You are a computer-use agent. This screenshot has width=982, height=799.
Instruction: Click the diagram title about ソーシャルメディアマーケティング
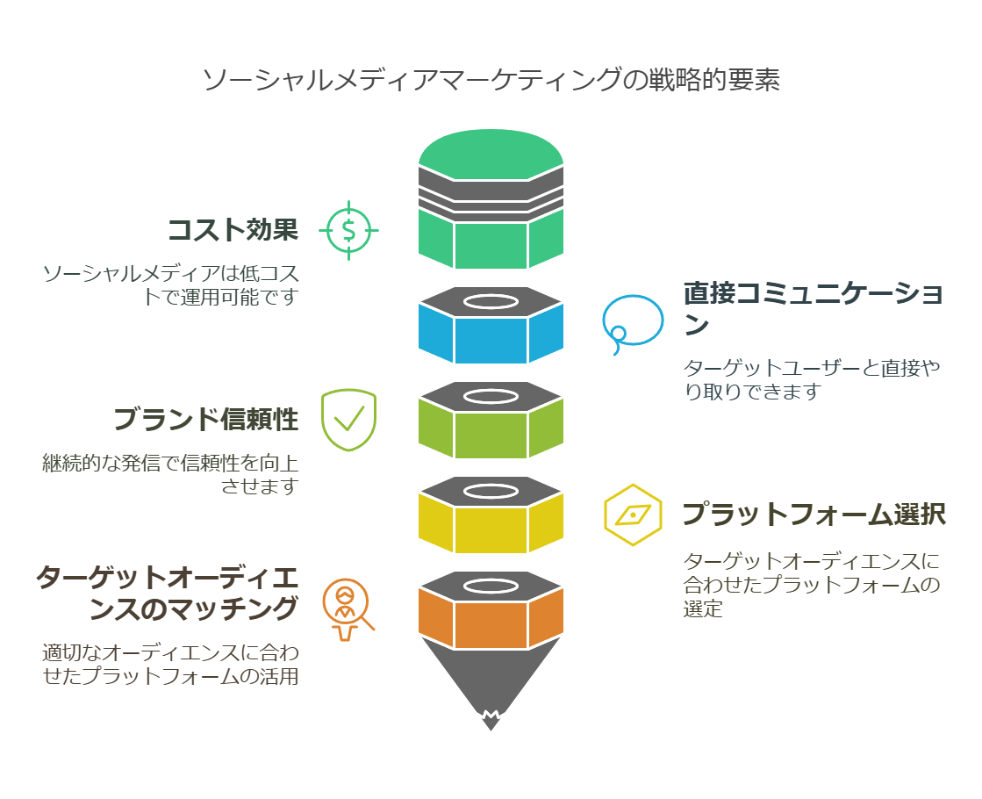491,81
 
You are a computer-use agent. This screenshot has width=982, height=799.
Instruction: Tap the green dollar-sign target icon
348,230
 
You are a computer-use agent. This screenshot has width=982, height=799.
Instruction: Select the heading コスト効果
233,230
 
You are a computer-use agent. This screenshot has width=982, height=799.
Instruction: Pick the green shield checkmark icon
348,420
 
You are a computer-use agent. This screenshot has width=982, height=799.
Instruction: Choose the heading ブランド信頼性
206,420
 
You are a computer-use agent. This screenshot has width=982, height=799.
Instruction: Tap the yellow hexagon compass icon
632,515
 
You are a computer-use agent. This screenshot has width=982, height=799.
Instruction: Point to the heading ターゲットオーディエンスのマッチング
167,593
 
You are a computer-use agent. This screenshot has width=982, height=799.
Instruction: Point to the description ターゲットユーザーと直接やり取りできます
812,379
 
